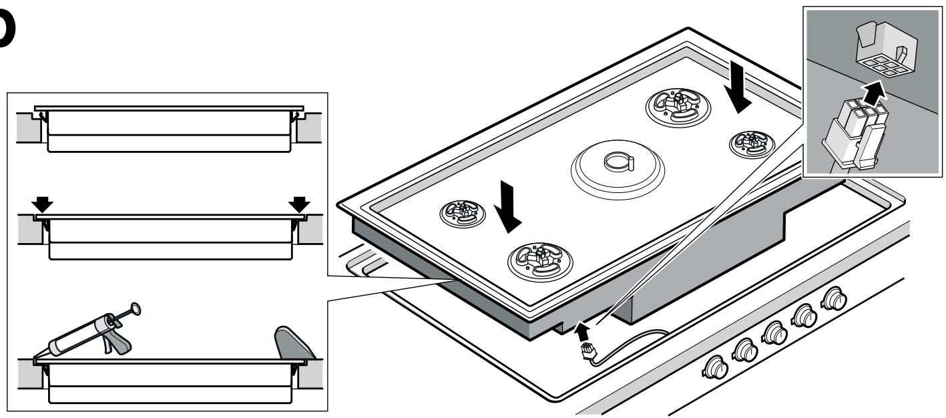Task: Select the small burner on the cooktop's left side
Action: (x=459, y=212)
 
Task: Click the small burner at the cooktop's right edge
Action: (x=753, y=142)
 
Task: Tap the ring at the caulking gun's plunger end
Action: (x=136, y=308)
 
